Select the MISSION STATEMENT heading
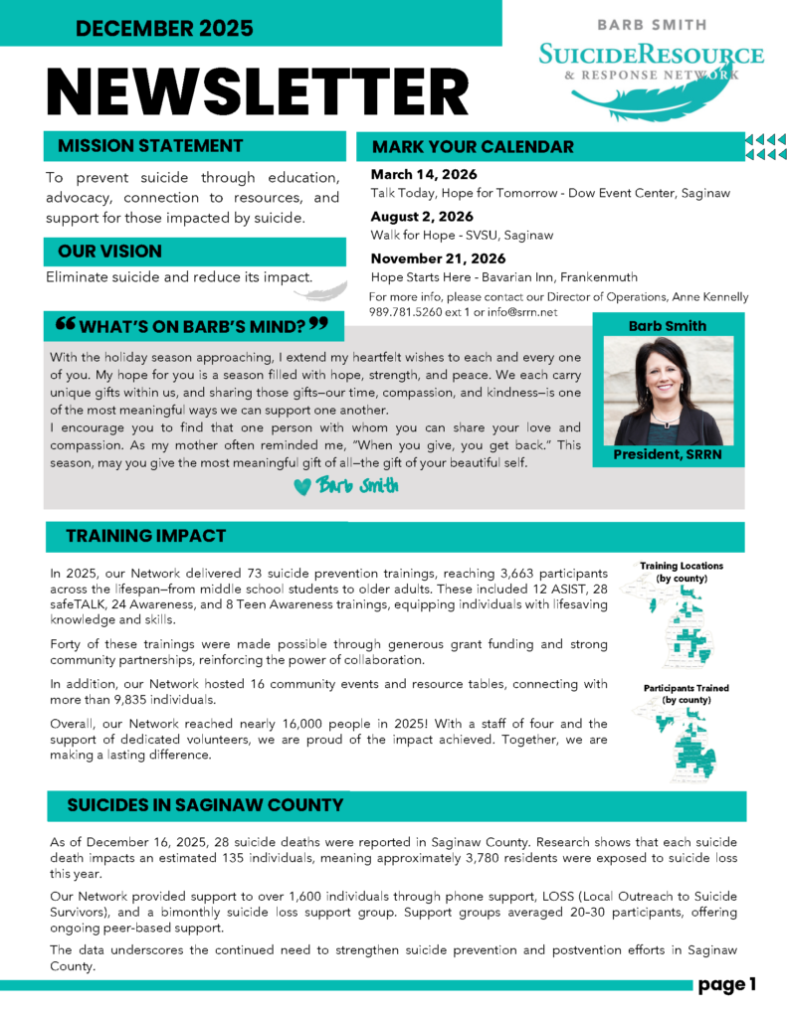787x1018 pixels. pyautogui.click(x=150, y=146)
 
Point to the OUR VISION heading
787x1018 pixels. pyautogui.click(x=109, y=252)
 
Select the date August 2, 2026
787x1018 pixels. pyautogui.click(x=422, y=217)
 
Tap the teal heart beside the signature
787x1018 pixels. pyautogui.click(x=302, y=487)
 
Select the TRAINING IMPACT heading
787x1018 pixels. pyautogui.click(x=145, y=537)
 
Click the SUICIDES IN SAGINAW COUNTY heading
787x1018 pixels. pyautogui.click(x=204, y=805)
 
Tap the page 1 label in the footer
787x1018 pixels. pyautogui.click(x=727, y=984)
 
